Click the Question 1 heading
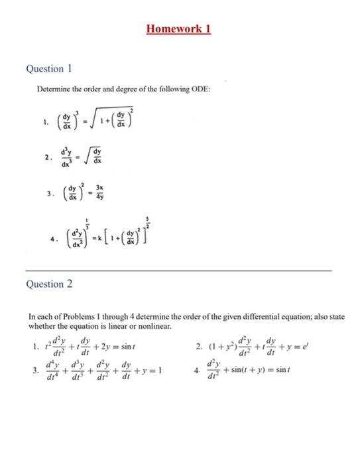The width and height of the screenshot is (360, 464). point(48,69)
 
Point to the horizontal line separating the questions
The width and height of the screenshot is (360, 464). point(178,271)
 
